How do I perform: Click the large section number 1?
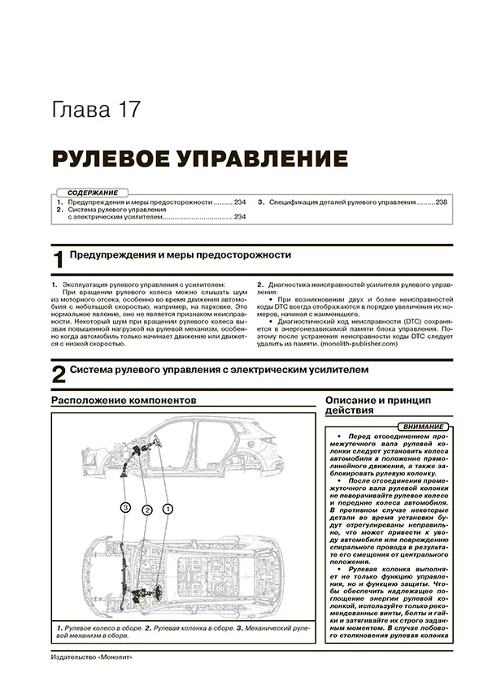point(58,260)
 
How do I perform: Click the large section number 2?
point(58,375)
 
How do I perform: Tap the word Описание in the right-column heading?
point(355,401)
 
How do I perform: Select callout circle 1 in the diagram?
point(168,509)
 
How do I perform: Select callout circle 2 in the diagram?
point(146,510)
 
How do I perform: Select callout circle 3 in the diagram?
point(124,507)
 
